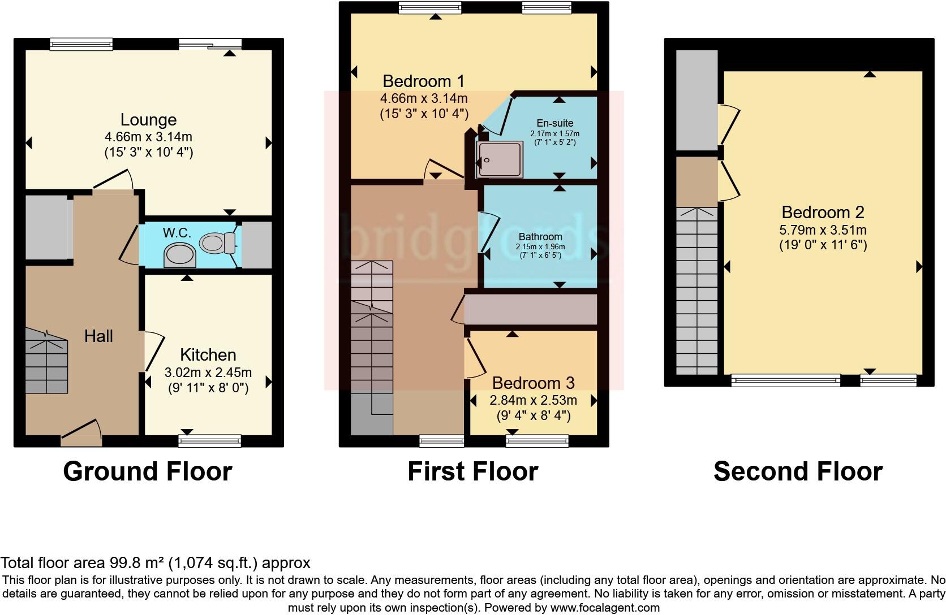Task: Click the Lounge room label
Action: tap(148, 120)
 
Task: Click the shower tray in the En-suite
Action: tap(500, 160)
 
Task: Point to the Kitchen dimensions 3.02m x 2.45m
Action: tap(208, 373)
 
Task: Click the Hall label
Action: tap(98, 336)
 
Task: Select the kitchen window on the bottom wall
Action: tap(209, 440)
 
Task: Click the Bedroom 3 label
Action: tap(533, 383)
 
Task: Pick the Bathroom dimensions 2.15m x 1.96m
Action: tap(540, 247)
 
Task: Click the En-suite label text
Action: tap(554, 123)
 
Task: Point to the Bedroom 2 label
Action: tap(823, 213)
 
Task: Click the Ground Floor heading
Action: tap(147, 471)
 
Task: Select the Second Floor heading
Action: tap(798, 471)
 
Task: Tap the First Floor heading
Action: tap(472, 471)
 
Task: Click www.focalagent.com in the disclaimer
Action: tap(605, 608)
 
